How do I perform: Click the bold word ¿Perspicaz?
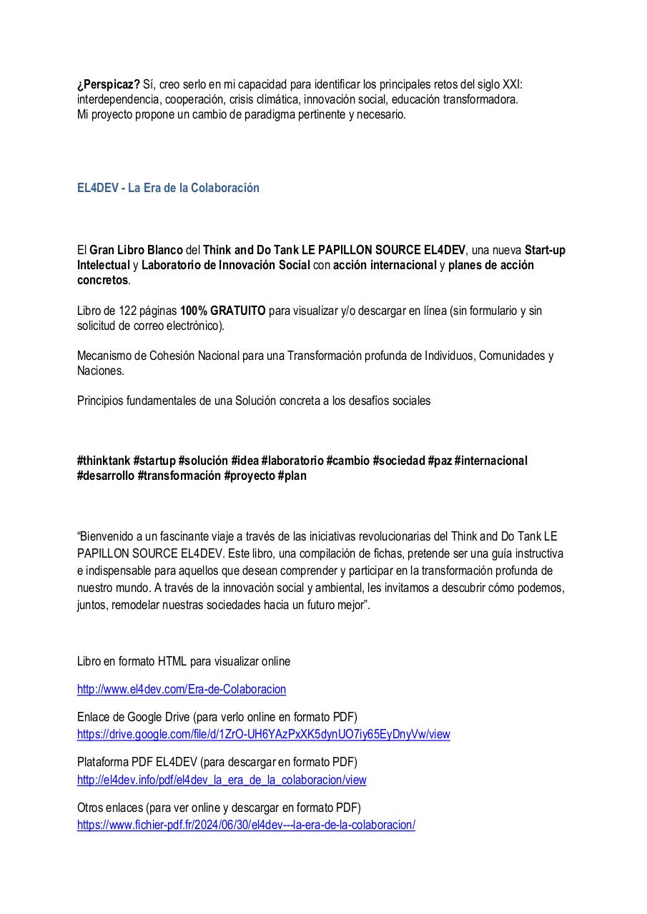[109, 85]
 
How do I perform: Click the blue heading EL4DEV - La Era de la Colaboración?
[168, 188]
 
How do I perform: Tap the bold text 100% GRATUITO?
[222, 311]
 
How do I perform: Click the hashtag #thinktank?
[104, 461]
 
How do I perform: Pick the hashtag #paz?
[440, 461]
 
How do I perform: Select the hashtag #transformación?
[179, 476]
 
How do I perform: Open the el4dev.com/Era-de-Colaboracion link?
[182, 689]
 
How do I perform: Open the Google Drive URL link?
[264, 734]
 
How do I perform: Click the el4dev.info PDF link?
[222, 780]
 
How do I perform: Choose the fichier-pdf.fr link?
[246, 825]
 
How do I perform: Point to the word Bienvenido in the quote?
[110, 536]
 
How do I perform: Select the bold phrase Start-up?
[545, 250]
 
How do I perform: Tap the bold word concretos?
[103, 280]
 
